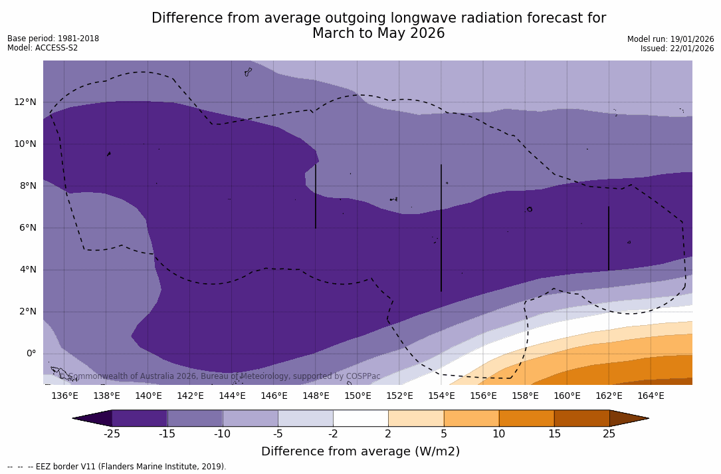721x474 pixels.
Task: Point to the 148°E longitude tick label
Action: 316,396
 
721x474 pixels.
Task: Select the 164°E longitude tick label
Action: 651,396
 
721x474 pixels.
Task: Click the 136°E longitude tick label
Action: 64,396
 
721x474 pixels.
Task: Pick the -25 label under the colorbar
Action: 112,434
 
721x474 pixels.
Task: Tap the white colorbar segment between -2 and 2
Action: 360,418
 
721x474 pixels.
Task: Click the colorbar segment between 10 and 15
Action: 526,418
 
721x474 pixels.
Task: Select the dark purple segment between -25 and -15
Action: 140,418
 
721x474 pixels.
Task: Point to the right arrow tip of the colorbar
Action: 645,418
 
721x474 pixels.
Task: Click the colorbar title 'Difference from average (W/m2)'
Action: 360,452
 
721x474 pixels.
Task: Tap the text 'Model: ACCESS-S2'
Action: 43,48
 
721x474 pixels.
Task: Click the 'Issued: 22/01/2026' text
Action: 677,49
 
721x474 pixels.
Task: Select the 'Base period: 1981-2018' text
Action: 53,39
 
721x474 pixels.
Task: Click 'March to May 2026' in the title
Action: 378,33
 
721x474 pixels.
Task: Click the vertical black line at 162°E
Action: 609,238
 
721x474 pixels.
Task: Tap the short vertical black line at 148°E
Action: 316,196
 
